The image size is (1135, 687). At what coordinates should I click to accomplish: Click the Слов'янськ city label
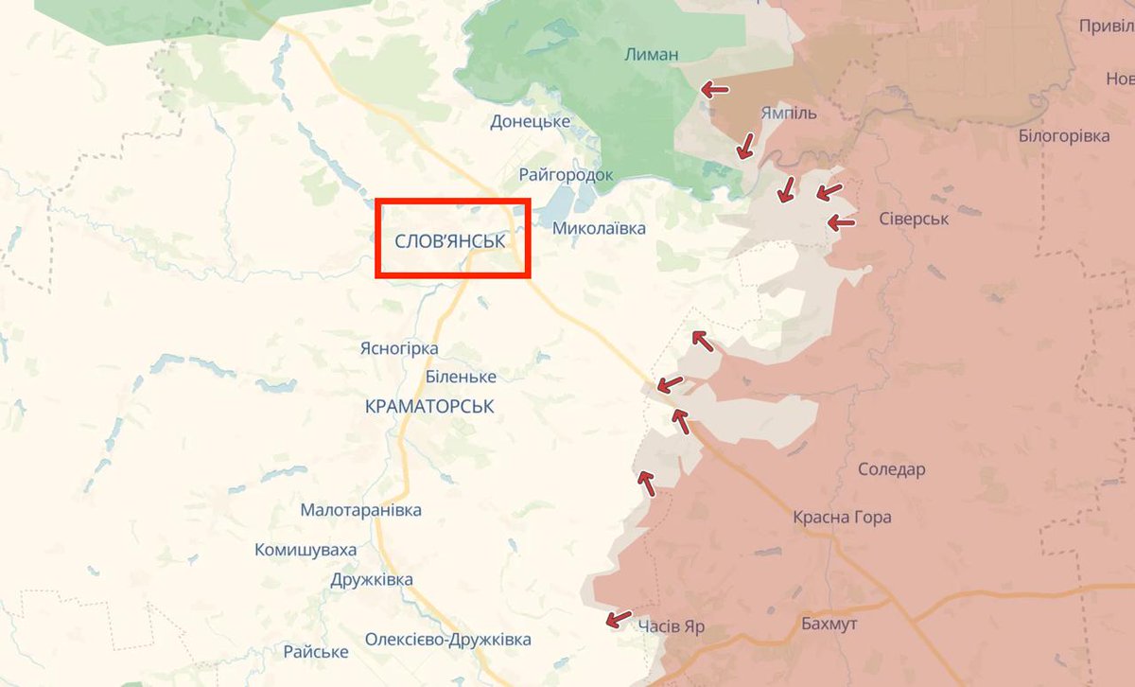point(450,240)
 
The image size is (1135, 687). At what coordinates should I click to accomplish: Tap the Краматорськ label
point(429,406)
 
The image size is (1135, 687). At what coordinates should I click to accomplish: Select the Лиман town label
point(652,54)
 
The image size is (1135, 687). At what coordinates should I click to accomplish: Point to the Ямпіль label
point(789,114)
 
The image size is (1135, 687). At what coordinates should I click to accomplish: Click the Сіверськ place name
point(914,220)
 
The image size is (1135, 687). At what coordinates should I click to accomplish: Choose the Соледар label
point(892,469)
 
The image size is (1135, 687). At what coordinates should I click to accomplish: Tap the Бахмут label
point(829,625)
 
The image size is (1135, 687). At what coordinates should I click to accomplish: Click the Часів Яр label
point(671,627)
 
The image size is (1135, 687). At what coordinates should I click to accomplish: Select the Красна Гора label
point(842,518)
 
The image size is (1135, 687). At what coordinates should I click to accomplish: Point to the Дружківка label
point(372,580)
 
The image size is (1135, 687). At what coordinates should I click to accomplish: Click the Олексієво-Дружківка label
point(448,640)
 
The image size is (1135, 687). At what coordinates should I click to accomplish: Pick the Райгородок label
point(566,175)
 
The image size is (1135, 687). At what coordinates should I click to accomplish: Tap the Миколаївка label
point(599,228)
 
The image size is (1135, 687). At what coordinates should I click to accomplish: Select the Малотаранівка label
point(360,510)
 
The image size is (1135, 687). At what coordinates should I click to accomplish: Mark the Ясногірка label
point(399,348)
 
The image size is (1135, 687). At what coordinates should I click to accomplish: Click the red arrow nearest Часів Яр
point(619,619)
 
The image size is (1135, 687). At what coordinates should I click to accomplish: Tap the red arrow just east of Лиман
point(715,89)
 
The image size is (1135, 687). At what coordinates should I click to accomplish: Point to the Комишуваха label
point(306,550)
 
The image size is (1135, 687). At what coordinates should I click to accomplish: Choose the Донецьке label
point(530,121)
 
